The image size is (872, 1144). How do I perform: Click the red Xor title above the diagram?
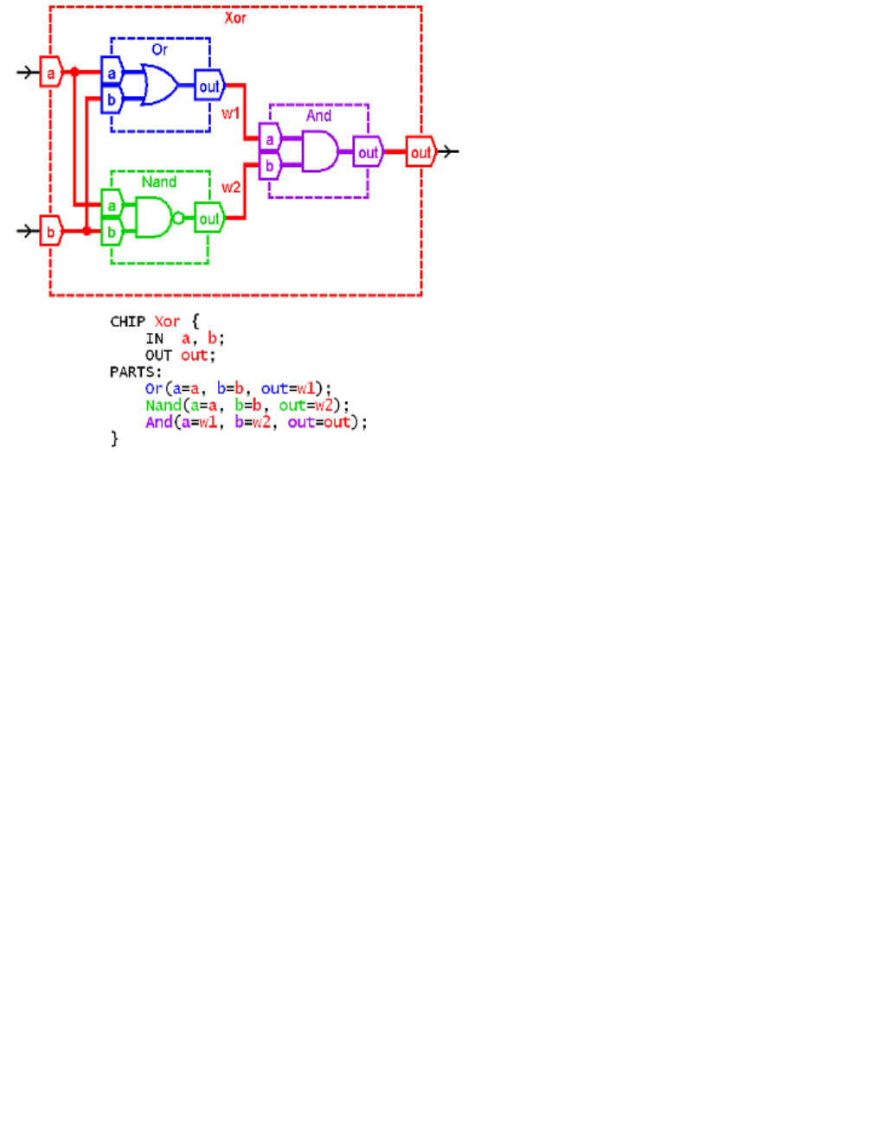pyautogui.click(x=235, y=18)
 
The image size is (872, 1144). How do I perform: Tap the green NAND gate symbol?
pyautogui.click(x=153, y=218)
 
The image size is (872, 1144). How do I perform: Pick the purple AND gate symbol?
pyautogui.click(x=319, y=151)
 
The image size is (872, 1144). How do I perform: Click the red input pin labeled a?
pyautogui.click(x=51, y=73)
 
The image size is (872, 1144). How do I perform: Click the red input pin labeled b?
pyautogui.click(x=51, y=232)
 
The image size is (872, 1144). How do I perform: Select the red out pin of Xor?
pyautogui.click(x=420, y=152)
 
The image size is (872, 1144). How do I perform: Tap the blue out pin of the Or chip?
pyautogui.click(x=209, y=86)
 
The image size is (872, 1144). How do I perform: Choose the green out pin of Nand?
pyautogui.click(x=209, y=219)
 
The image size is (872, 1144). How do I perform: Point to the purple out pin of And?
pyautogui.click(x=368, y=152)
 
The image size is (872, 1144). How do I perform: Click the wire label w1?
pyautogui.click(x=231, y=113)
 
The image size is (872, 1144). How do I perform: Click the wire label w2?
pyautogui.click(x=231, y=187)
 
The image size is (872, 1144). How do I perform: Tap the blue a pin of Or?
pyautogui.click(x=112, y=73)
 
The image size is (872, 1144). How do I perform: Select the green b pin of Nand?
pyautogui.click(x=112, y=233)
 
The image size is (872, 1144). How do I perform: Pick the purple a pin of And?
pyautogui.click(x=270, y=139)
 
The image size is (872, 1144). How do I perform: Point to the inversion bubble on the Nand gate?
pyautogui.click(x=178, y=218)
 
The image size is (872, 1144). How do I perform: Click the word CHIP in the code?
pyautogui.click(x=127, y=322)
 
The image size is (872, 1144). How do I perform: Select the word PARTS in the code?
pyautogui.click(x=133, y=372)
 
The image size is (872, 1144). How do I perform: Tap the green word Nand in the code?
pyautogui.click(x=163, y=406)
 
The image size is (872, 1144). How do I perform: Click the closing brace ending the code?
pyautogui.click(x=114, y=439)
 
